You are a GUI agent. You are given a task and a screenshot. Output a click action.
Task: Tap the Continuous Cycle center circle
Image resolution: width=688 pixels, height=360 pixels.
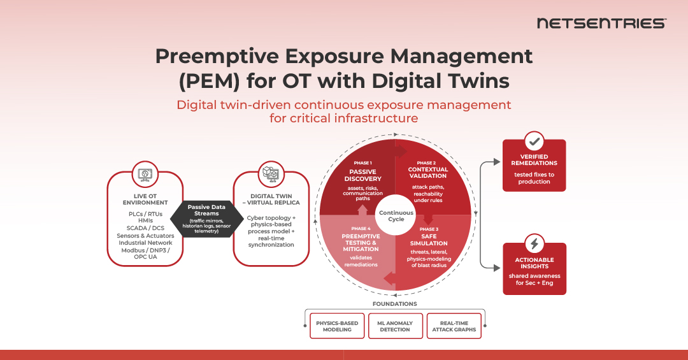tap(396, 216)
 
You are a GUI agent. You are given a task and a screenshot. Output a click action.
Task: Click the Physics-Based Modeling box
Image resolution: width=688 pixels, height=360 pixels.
tap(337, 326)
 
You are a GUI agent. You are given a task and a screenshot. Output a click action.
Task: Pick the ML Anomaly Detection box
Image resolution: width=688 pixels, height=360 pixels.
tap(394, 326)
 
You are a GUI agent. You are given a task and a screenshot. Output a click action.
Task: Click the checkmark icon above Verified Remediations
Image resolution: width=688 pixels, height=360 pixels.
tap(534, 141)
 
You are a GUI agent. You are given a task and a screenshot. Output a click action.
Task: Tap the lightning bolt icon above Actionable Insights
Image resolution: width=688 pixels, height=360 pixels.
tap(534, 244)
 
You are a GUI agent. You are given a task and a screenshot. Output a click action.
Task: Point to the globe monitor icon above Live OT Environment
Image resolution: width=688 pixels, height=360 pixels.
tap(145, 173)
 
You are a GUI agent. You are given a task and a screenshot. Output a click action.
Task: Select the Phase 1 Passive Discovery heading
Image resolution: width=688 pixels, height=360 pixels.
tap(362, 175)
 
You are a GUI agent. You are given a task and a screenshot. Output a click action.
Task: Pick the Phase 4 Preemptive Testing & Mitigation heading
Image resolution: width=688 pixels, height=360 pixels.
tap(360, 242)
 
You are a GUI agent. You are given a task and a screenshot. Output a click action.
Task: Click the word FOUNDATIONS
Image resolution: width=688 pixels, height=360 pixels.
tap(395, 304)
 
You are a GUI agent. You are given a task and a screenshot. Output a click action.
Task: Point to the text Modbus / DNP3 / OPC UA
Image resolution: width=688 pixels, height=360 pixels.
tap(145, 254)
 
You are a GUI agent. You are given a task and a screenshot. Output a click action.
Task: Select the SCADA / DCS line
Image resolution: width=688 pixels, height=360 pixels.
tap(145, 228)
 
